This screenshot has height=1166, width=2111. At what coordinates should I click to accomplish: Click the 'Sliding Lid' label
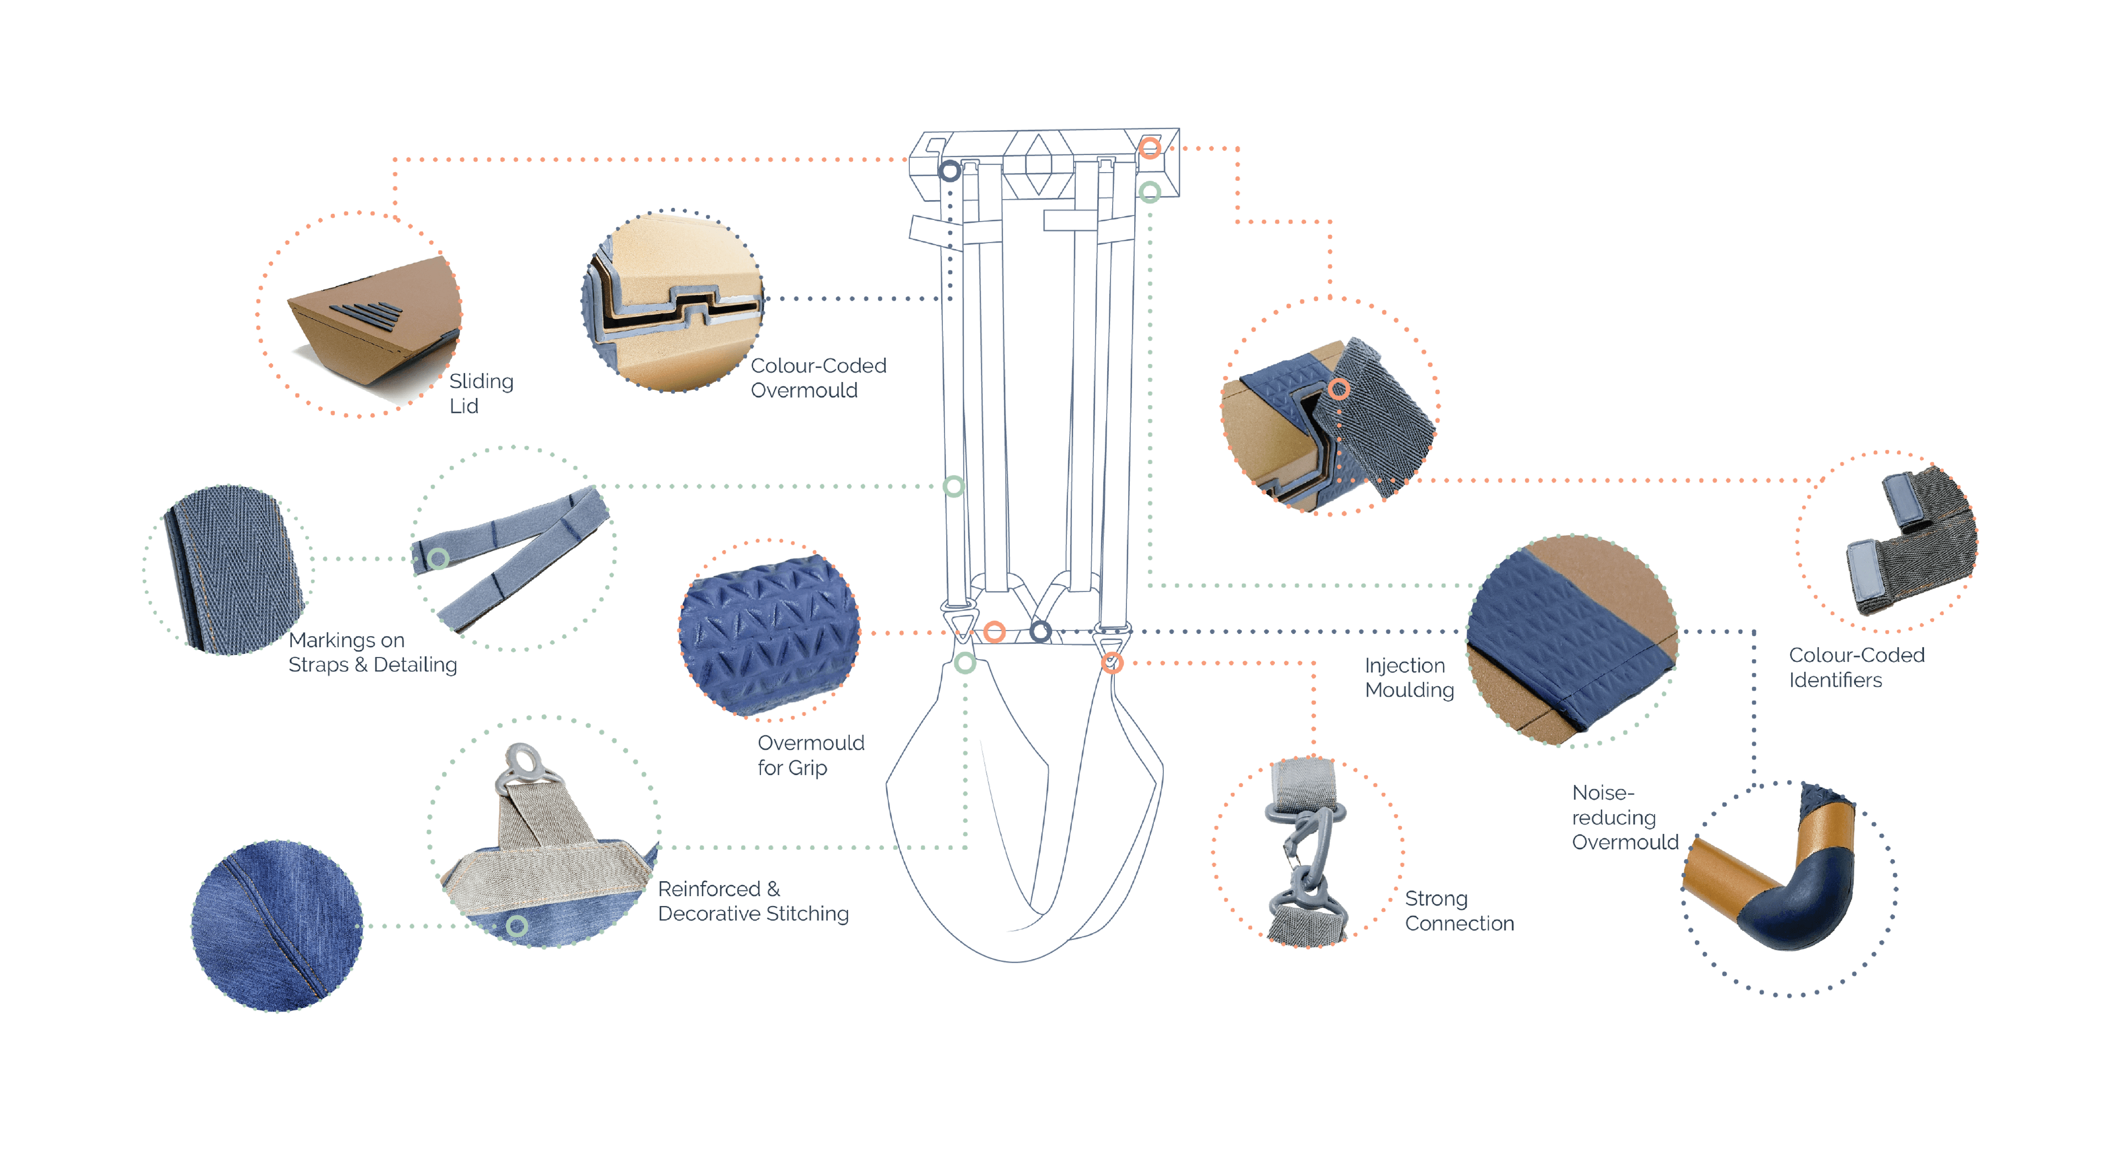(x=481, y=393)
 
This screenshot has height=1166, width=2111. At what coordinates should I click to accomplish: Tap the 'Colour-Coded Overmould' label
(x=819, y=378)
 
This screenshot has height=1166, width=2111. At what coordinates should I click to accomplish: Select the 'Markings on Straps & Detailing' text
(x=372, y=652)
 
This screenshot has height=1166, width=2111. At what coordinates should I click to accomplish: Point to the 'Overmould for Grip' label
(x=810, y=755)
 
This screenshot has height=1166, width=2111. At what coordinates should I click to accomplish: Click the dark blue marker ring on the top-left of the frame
(x=950, y=172)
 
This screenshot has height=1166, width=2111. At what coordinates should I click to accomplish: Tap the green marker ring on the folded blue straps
(x=439, y=559)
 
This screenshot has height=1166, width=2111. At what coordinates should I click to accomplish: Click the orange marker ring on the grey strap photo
(x=1339, y=389)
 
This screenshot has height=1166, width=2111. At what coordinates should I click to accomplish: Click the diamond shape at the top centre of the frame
(x=1038, y=164)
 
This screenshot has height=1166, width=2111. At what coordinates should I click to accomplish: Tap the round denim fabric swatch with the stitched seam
(x=277, y=926)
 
